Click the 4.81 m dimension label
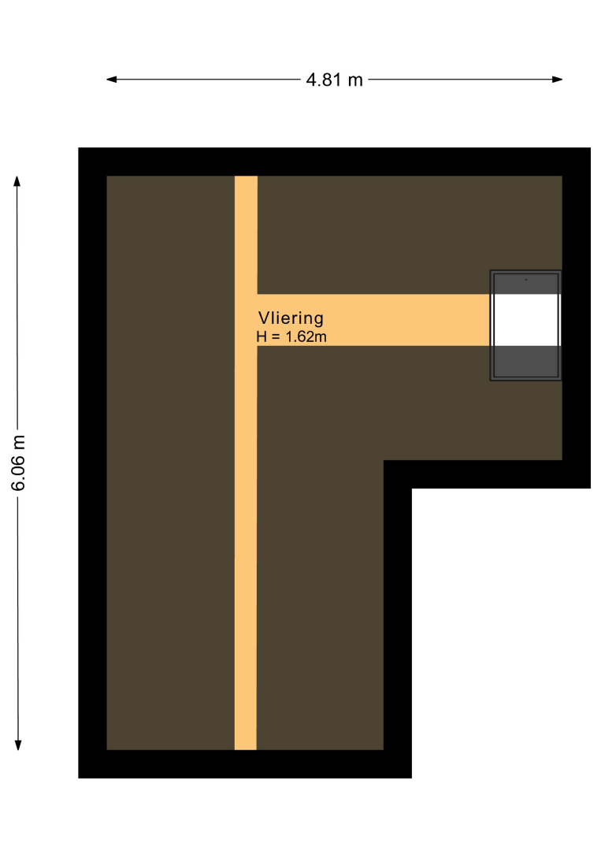tap(334, 80)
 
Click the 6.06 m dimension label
tap(18, 463)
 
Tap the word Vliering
tap(291, 318)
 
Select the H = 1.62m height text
tap(291, 336)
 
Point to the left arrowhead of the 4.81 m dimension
tap(112, 80)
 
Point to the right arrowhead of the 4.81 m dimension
tap(557, 80)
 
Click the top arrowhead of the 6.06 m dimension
tap(17, 181)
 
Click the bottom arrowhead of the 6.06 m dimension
tap(18, 745)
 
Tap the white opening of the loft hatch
tap(526, 320)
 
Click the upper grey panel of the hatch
tap(526, 284)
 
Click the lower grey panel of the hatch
tap(526, 361)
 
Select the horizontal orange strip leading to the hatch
tap(373, 320)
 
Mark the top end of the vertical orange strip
tap(246, 177)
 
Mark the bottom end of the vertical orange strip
tap(246, 749)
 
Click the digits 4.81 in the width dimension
tap(324, 80)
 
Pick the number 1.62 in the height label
tap(300, 336)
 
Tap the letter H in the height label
tap(262, 336)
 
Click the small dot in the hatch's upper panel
tap(526, 280)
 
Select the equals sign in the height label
tap(276, 337)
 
